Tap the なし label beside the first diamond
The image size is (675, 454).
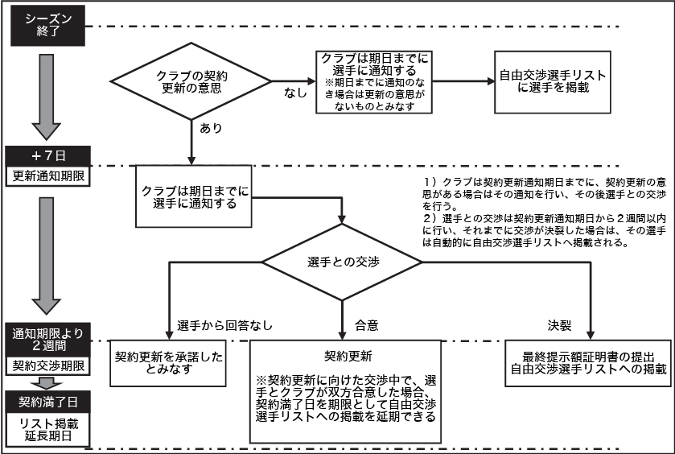[295, 93]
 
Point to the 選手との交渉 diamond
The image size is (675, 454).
[344, 263]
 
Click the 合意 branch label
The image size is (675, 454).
[366, 326]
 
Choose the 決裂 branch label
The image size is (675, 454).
[560, 326]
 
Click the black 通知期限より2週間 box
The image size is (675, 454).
[46, 340]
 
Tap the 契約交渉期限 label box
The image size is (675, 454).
[46, 366]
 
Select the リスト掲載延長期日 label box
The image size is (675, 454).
[46, 427]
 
